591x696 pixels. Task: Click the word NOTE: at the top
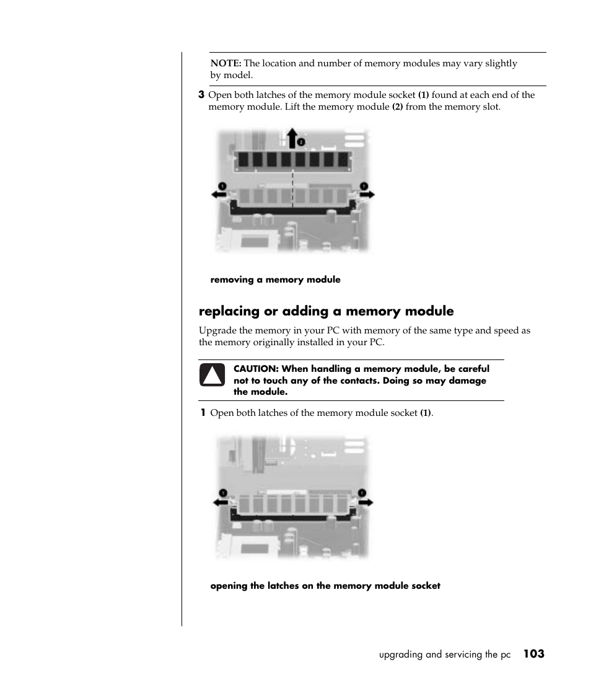click(x=226, y=63)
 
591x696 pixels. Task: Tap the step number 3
click(x=201, y=95)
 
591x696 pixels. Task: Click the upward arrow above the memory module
click(x=292, y=138)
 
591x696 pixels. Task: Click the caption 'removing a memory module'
click(x=275, y=280)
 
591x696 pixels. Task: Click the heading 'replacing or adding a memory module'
click(x=326, y=311)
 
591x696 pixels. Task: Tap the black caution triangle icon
click(x=212, y=376)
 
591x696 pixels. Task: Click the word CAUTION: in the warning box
click(x=256, y=369)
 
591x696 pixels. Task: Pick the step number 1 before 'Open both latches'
click(x=203, y=413)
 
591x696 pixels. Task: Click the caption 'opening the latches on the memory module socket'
click(x=325, y=586)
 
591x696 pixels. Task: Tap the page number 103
click(x=533, y=654)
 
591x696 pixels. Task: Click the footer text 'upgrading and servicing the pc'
click(x=445, y=654)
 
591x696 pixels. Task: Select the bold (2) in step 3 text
click(x=398, y=107)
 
